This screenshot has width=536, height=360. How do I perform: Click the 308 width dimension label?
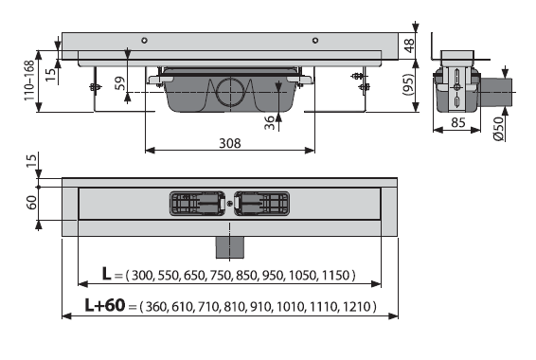[230, 143]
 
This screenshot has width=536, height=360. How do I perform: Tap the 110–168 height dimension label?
[29, 81]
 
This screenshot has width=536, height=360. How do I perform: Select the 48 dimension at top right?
[409, 45]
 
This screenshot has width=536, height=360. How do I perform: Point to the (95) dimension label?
[408, 84]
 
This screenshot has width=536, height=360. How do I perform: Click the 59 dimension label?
[120, 83]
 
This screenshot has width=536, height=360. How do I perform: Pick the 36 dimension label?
[269, 123]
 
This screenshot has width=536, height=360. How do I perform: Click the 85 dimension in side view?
[457, 122]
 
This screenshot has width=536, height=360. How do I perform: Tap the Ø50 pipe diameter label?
[499, 128]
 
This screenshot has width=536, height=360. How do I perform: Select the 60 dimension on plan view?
[31, 203]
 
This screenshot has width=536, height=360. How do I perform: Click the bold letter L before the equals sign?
[106, 274]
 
